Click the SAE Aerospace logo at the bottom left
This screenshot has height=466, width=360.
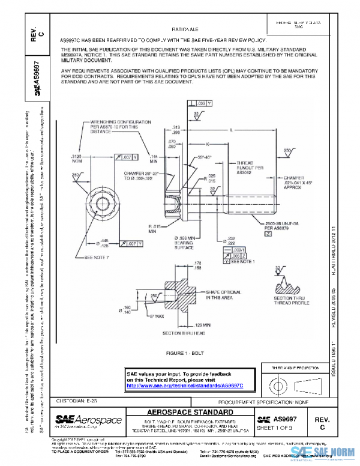click(88, 420)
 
